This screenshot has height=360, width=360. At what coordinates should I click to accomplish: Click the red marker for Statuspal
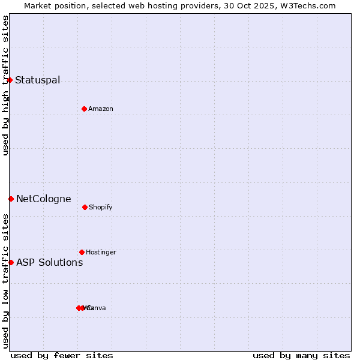10,80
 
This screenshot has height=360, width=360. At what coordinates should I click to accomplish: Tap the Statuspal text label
37,80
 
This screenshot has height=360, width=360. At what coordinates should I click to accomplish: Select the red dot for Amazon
85,109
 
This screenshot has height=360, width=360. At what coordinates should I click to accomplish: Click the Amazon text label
101,109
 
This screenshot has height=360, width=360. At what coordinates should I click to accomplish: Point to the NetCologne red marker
11,199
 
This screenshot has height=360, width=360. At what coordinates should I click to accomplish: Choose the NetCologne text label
44,199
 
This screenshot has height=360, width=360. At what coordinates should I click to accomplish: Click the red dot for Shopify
85,207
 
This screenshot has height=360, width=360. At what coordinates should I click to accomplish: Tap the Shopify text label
101,208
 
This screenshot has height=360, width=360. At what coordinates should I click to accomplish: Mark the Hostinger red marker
82,252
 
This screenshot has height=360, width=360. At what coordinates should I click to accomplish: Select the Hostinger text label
101,253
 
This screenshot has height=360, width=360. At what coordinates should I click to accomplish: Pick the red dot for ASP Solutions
11,262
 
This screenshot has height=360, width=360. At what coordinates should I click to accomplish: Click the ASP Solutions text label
50,263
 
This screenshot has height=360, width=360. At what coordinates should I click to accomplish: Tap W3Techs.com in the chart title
308,6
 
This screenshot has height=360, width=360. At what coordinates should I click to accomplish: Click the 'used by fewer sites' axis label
62,355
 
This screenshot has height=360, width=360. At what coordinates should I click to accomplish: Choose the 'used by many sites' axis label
301,355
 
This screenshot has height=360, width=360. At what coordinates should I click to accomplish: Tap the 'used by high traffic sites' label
5,85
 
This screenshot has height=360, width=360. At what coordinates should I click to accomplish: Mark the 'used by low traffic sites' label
5,281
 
